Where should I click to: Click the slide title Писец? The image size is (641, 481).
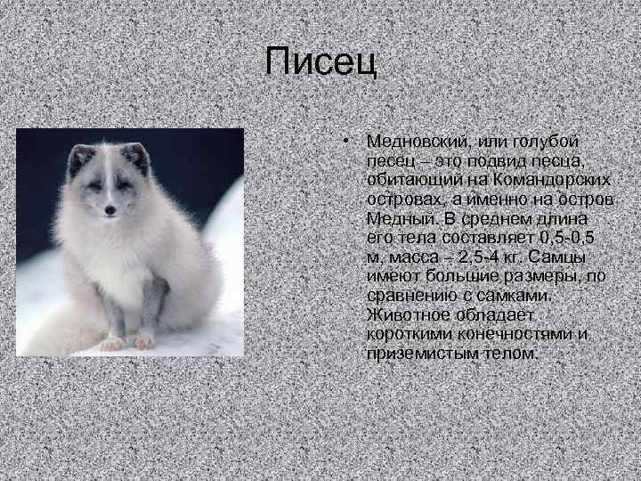320,62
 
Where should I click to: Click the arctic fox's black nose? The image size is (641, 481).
109,211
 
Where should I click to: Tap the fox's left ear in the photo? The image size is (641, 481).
81,161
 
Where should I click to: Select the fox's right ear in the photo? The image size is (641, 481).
136,158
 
